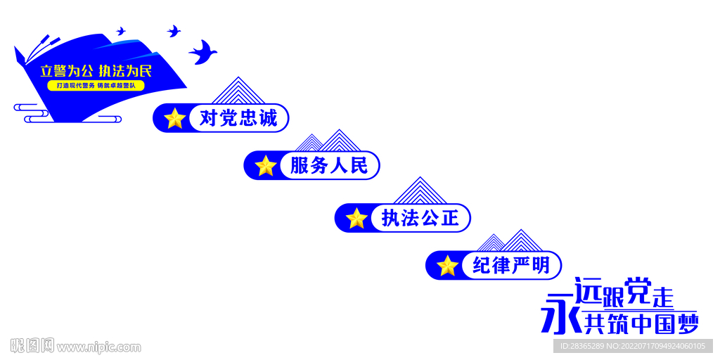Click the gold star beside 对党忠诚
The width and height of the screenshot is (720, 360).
(x=174, y=118)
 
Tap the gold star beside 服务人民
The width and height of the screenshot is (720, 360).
(x=266, y=166)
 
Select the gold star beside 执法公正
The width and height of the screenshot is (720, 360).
(x=356, y=219)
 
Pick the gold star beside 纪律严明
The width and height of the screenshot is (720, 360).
(x=447, y=266)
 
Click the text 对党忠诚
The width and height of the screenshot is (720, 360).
(x=238, y=118)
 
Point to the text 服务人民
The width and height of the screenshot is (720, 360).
(x=329, y=166)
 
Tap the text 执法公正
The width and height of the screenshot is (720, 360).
(x=420, y=219)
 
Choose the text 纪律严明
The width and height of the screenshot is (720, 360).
(x=511, y=266)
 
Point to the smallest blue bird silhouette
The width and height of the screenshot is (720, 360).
(x=121, y=32)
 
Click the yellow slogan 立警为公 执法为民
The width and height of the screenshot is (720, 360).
(x=96, y=71)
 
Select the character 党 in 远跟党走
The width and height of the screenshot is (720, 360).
(x=638, y=291)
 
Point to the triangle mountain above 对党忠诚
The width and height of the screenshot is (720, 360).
(x=239, y=92)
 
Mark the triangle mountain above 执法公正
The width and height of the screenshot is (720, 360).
(x=420, y=192)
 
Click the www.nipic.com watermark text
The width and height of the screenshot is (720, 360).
(x=98, y=347)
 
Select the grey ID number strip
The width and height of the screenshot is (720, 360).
(x=633, y=346)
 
